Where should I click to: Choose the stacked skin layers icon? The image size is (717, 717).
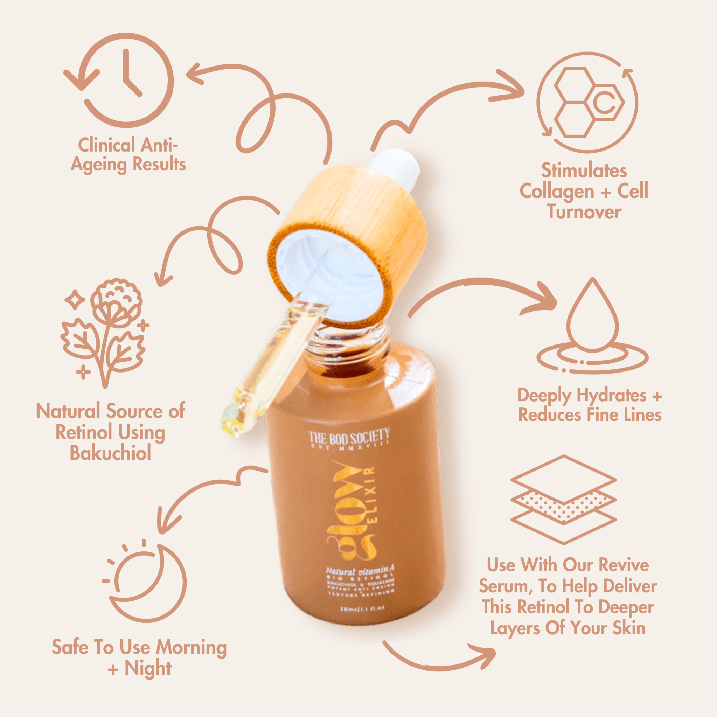[x=563, y=499]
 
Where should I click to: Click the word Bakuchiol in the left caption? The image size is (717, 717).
[x=110, y=453]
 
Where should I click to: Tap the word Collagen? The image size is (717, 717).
[x=557, y=192]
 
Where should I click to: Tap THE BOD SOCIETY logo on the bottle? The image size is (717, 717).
[x=348, y=438]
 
